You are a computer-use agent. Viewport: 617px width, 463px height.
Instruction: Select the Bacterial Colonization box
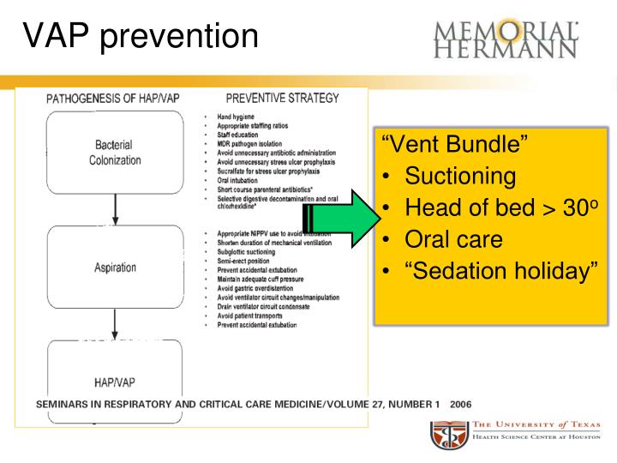point(115,153)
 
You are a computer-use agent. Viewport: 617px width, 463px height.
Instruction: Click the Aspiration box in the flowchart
point(115,268)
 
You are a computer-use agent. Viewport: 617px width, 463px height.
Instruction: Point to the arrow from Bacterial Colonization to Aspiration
point(115,209)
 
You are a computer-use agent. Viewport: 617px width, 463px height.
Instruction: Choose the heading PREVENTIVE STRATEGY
point(282,98)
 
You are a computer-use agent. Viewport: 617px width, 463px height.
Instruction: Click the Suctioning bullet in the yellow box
point(460,177)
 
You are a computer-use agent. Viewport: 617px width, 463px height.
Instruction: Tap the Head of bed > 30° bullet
point(494,207)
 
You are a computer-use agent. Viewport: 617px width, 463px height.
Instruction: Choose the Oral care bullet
point(453,239)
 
